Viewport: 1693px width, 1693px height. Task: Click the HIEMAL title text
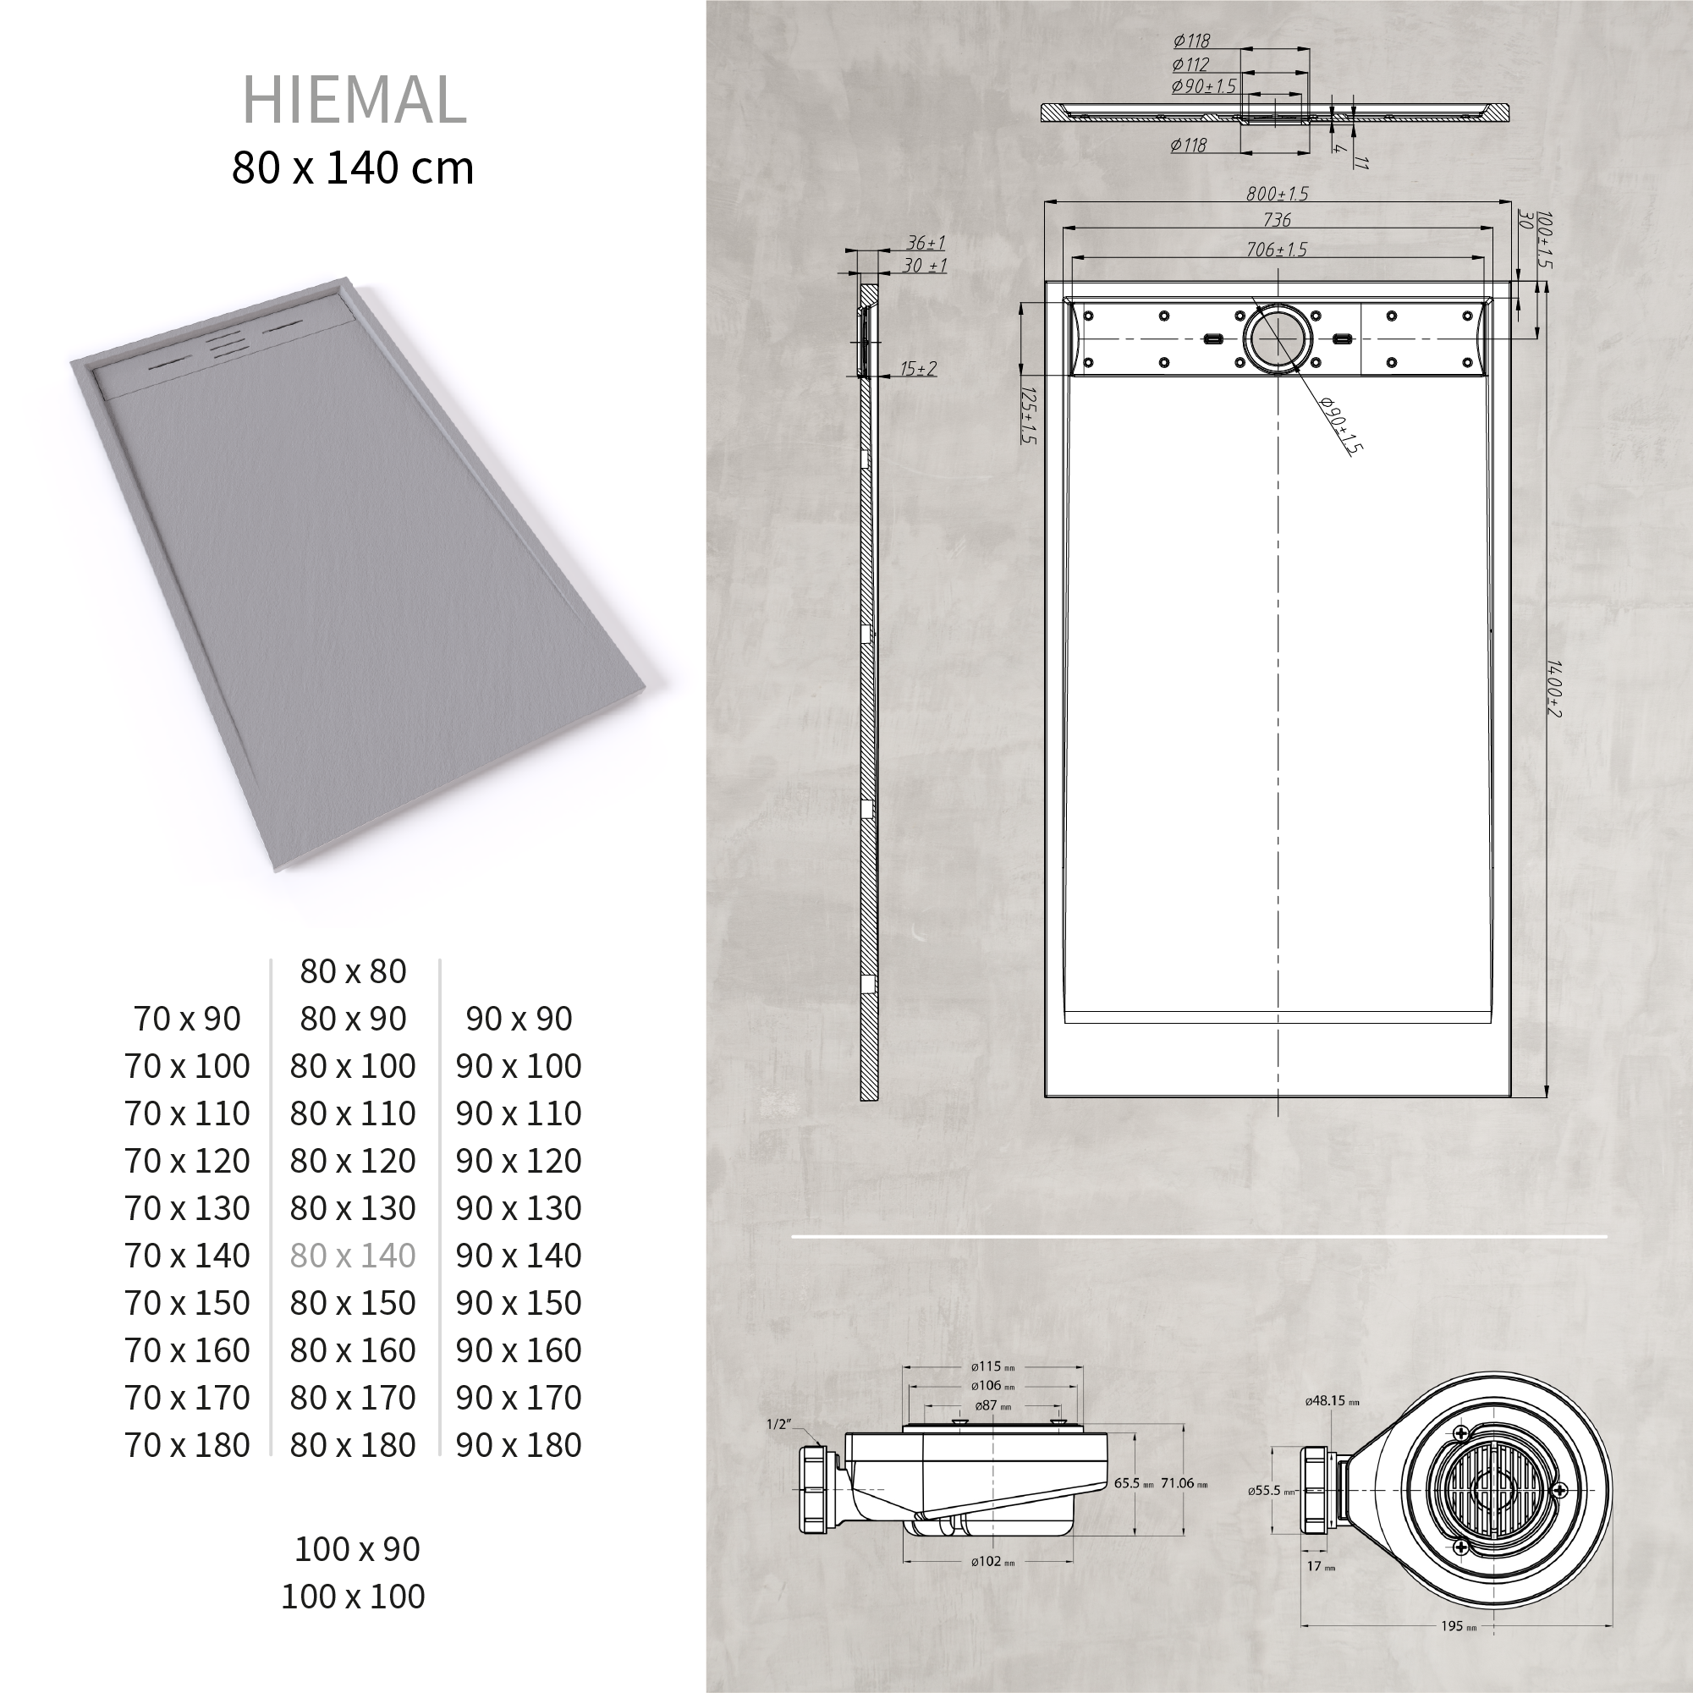coord(353,100)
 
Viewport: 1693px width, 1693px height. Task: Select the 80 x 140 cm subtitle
coord(352,168)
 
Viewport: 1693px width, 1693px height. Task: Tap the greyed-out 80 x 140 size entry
coord(352,1256)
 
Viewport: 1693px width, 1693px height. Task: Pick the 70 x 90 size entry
coord(187,1019)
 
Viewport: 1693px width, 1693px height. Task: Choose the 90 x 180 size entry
coord(518,1445)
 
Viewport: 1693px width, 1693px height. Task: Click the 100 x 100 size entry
coord(352,1596)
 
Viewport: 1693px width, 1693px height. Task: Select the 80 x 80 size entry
coord(352,971)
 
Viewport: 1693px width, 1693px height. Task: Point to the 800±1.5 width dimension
coord(1277,194)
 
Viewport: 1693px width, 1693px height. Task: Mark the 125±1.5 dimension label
coord(1029,415)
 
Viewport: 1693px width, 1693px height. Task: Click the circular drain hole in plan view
coord(1278,339)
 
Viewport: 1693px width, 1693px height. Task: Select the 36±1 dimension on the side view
coord(925,243)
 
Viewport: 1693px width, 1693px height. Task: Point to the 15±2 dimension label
coord(917,368)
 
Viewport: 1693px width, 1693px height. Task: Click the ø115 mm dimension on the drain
coord(992,1366)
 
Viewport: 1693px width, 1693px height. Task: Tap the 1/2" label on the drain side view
coord(778,1424)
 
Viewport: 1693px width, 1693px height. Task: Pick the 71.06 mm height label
coord(1183,1482)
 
